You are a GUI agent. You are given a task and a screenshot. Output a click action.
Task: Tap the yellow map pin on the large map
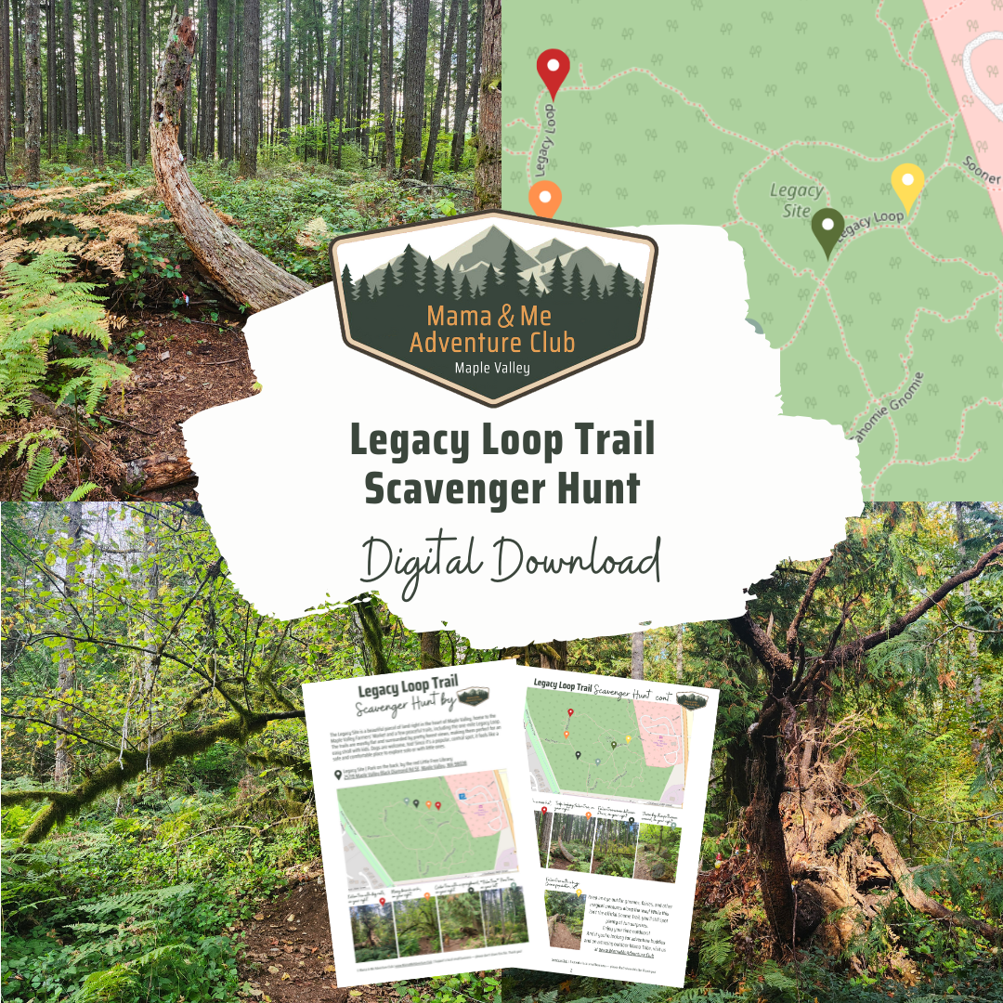point(906,185)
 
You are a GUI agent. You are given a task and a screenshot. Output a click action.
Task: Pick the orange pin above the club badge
point(545,200)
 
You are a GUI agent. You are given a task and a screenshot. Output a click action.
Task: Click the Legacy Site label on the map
point(797,200)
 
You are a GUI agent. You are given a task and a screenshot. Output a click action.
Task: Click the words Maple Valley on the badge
point(492,368)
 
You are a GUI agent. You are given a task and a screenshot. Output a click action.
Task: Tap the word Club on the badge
point(549,342)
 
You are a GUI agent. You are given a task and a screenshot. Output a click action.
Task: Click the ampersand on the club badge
point(504,317)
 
